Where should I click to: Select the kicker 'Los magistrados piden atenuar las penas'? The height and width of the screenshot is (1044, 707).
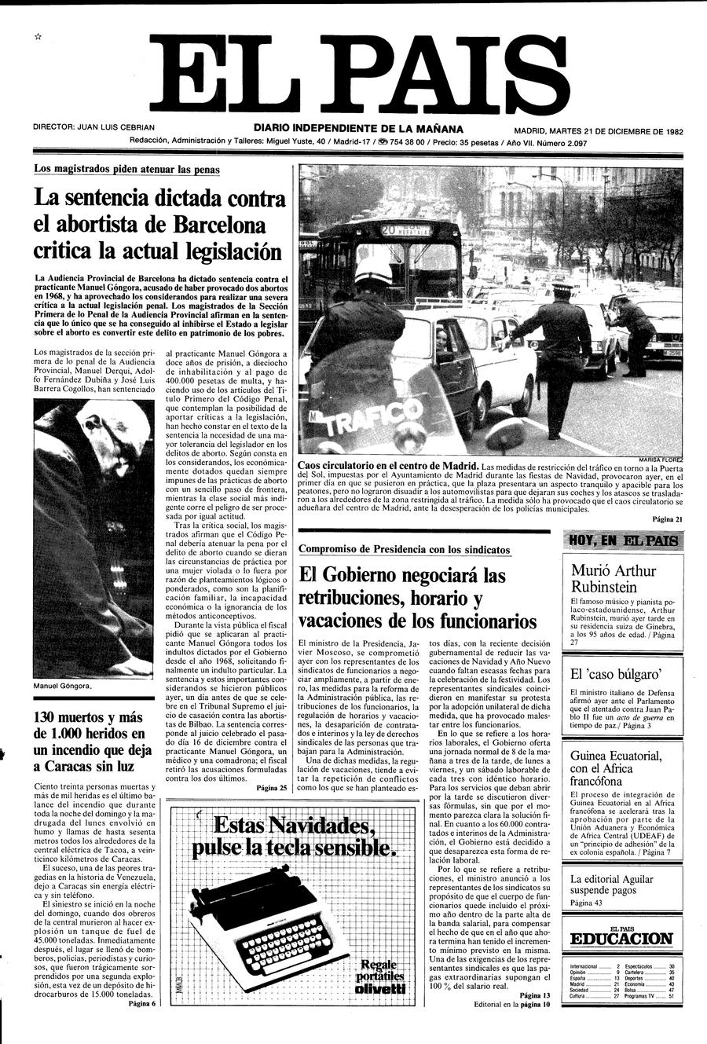click(x=126, y=169)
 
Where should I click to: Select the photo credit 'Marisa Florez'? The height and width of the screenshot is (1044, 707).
click(x=662, y=460)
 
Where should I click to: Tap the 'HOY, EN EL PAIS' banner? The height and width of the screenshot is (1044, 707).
click(x=623, y=540)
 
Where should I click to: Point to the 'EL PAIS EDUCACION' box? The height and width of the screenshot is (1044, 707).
click(x=621, y=936)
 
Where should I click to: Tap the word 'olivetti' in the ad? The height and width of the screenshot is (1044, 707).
click(x=380, y=987)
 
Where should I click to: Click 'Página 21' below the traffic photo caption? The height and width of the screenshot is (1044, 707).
click(x=668, y=519)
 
